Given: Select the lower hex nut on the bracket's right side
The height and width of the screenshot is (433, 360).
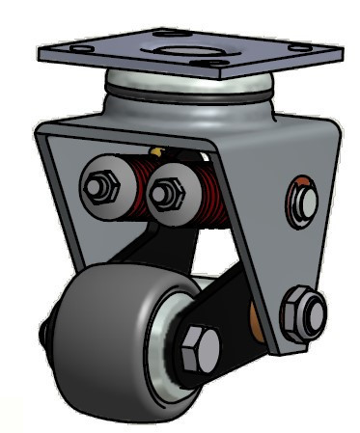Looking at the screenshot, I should (303, 309).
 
